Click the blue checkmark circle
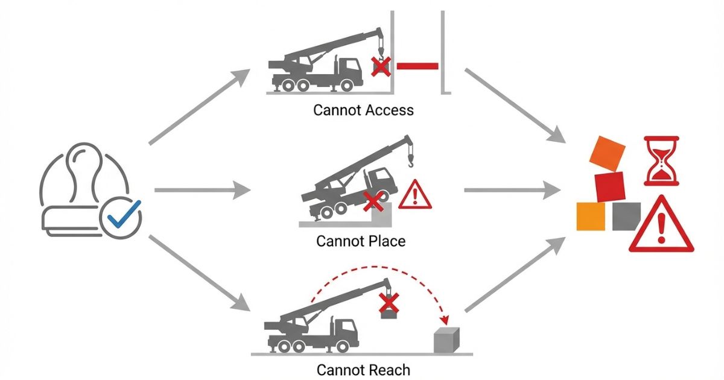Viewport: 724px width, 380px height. pyautogui.click(x=121, y=215)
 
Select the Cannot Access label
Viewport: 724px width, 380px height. pyautogui.click(x=363, y=110)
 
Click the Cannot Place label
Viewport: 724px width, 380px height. pyautogui.click(x=361, y=241)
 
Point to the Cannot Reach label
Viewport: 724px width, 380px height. pyautogui.click(x=363, y=369)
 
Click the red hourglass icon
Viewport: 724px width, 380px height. pyautogui.click(x=662, y=160)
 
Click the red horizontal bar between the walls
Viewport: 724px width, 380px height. pyautogui.click(x=416, y=65)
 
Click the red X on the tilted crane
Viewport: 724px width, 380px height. pyautogui.click(x=372, y=202)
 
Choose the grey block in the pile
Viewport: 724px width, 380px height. pyautogui.click(x=626, y=216)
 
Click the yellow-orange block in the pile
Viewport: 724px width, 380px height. pyautogui.click(x=591, y=216)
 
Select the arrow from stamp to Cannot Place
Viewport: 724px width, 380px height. pyautogui.click(x=202, y=191)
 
